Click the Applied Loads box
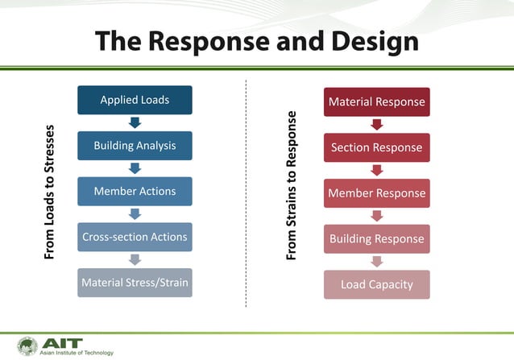tap(135, 100)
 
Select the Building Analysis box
tap(135, 146)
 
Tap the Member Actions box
tap(135, 192)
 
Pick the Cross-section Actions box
tap(135, 237)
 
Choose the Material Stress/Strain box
tap(135, 283)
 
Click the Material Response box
tap(376, 102)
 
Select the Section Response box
tap(376, 147)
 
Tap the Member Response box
tap(376, 193)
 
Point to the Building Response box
tap(376, 238)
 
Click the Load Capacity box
tap(376, 284)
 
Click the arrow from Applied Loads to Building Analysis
tap(135, 122)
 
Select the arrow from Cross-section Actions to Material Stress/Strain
tap(135, 259)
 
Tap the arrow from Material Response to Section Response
tap(376, 125)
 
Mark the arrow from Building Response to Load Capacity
tap(376, 261)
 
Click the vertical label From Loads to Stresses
tap(50, 192)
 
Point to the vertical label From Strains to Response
tap(292, 185)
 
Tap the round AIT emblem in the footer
tap(27, 346)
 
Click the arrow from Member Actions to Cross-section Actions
tap(135, 214)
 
